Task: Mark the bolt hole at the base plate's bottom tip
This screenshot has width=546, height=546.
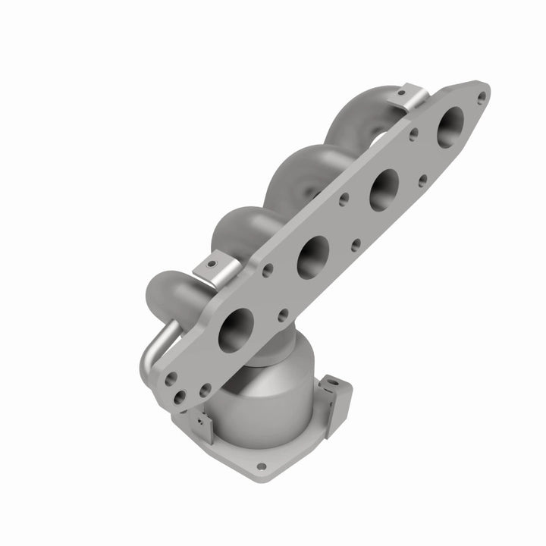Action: (262, 467)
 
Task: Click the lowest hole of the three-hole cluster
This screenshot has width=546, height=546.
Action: (182, 395)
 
